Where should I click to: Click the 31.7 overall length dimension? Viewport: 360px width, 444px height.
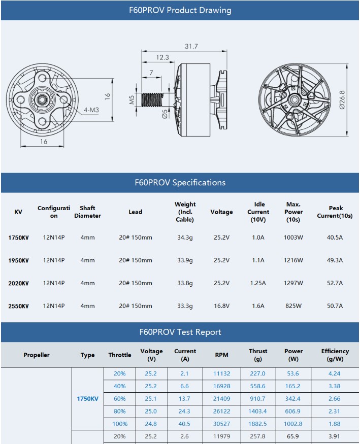(191, 46)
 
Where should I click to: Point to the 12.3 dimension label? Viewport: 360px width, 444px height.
(162, 58)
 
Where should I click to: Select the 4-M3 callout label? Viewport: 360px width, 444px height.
(92, 110)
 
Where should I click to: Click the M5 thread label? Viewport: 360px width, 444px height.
(132, 99)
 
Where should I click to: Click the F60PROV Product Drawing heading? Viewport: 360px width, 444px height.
(180, 10)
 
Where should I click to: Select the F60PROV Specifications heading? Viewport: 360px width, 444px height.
(180, 183)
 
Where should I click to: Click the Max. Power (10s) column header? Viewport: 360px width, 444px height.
(293, 212)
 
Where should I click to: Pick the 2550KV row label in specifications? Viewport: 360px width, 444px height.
(18, 306)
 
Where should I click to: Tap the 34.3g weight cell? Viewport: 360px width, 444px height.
(184, 237)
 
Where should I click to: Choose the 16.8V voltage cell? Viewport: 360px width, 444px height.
(221, 306)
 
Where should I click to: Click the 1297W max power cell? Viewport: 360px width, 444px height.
(293, 283)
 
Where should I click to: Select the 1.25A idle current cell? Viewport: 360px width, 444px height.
(258, 283)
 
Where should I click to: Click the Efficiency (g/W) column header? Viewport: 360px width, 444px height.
(335, 354)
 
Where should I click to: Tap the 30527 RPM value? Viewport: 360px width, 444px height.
(221, 424)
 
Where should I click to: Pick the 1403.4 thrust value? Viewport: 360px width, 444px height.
(257, 411)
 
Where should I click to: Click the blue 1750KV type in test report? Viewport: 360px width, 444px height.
(87, 399)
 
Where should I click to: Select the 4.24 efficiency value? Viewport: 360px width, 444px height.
(335, 373)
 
